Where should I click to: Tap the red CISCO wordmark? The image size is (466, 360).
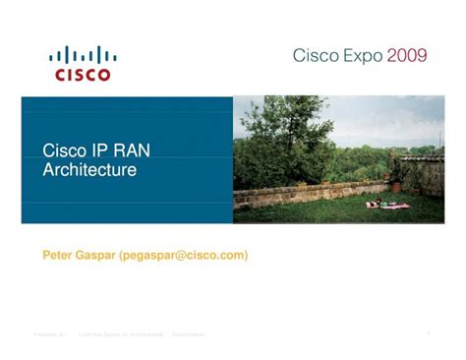[x=83, y=73]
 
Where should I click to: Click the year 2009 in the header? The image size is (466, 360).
[x=407, y=56]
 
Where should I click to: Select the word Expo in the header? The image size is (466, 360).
[x=361, y=56]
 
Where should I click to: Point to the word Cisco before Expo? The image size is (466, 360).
[x=315, y=56]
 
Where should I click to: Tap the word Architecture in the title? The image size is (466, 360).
[x=89, y=170]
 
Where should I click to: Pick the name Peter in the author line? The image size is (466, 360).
[x=58, y=255]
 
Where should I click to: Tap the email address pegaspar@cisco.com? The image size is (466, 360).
[x=184, y=255]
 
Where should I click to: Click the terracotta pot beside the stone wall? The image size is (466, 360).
[x=395, y=186]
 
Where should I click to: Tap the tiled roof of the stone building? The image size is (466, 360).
[x=423, y=156]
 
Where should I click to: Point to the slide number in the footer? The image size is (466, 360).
[x=430, y=334]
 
